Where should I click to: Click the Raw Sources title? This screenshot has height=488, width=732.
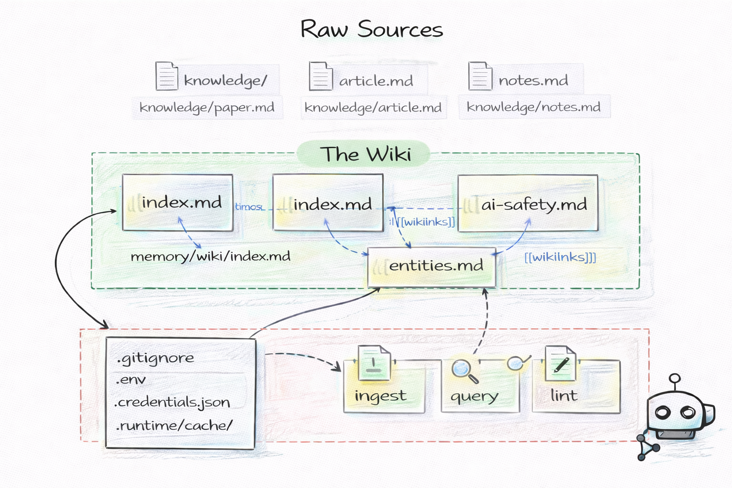tap(371, 30)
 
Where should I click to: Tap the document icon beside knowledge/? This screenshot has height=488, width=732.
tap(166, 76)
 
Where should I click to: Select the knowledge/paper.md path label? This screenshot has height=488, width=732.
tap(207, 107)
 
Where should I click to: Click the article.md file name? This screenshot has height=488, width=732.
tap(376, 81)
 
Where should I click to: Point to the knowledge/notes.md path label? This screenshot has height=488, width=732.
tap(533, 107)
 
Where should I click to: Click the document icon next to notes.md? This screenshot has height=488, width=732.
tap(479, 76)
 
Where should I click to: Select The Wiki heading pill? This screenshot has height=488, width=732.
tap(365, 154)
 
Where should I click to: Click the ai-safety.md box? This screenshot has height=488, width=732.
tap(528, 203)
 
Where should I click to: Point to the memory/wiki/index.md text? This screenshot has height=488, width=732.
tap(210, 256)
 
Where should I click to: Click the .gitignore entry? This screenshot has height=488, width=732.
tap(155, 358)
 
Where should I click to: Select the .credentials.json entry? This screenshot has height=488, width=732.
tap(173, 402)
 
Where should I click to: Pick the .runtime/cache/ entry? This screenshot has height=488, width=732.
tap(174, 425)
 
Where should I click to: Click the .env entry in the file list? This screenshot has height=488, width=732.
tap(131, 380)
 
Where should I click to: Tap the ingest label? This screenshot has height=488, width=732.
tap(380, 396)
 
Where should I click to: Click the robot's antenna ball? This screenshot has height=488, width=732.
tap(674, 379)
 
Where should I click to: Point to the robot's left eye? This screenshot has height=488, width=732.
tap(663, 412)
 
